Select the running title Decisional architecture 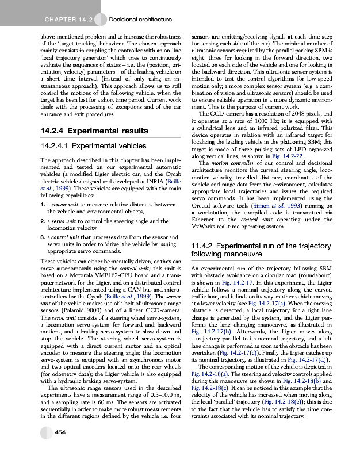140,21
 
